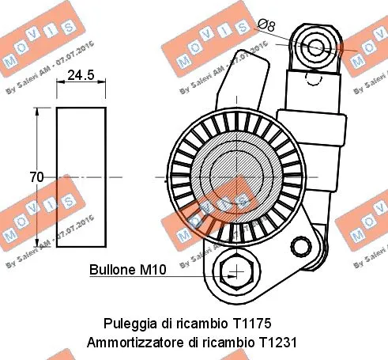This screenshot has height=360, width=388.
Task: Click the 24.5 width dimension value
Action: click(x=80, y=76)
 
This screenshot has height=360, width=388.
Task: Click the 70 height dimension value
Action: click(x=36, y=177)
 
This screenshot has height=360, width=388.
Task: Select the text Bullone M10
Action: click(x=126, y=270)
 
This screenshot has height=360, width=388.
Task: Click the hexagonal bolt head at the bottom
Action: click(x=235, y=273)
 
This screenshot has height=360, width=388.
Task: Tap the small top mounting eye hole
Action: click(x=316, y=45)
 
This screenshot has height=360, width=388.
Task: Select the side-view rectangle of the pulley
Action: click(x=81, y=177)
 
